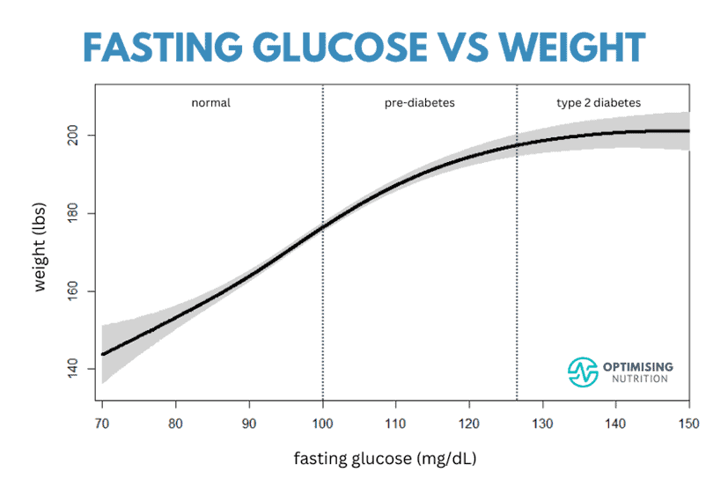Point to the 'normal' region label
[x=210, y=103]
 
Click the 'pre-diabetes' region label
[x=419, y=103]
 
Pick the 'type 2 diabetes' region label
[x=599, y=103]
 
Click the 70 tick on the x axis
[x=102, y=424]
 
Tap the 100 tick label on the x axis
[x=323, y=424]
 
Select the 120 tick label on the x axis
[x=469, y=424]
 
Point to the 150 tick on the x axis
[x=688, y=424]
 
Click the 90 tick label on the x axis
[x=249, y=424]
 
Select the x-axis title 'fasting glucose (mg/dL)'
[x=385, y=459]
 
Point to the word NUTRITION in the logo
[x=640, y=380]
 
